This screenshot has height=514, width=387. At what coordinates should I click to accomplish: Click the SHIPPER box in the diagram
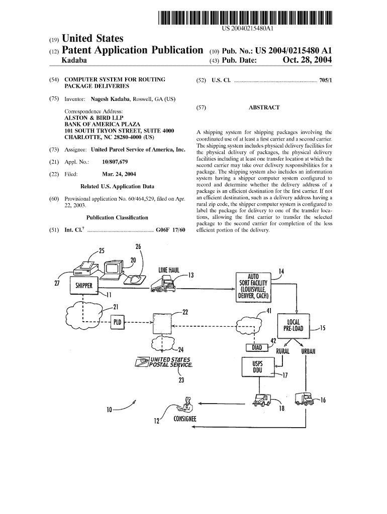[83, 286]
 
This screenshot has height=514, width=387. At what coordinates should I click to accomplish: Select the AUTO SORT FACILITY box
[253, 287]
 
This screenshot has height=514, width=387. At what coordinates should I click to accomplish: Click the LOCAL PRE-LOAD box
[293, 325]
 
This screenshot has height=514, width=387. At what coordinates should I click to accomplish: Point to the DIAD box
[256, 347]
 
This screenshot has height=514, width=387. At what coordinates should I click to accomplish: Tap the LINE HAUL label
[169, 270]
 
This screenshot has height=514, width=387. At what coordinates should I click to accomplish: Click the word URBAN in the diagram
[308, 351]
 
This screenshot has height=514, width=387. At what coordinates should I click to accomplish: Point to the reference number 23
[181, 380]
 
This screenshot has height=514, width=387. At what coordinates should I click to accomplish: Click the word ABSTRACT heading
[264, 107]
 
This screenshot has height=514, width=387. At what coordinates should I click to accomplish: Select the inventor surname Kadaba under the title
[74, 61]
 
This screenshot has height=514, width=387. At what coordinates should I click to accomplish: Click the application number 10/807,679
[115, 162]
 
